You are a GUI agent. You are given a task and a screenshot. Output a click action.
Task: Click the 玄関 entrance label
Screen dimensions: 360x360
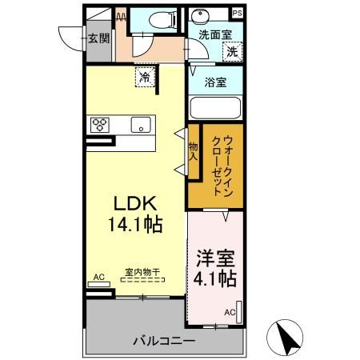[98, 38]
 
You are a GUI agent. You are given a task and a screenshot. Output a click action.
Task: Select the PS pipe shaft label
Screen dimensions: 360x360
[237, 13]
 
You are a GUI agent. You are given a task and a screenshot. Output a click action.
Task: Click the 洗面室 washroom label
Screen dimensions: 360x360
[214, 35]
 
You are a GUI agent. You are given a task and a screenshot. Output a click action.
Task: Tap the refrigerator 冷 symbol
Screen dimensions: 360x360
[145, 78]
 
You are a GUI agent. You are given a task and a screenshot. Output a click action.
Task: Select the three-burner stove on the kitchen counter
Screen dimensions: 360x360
[101, 124]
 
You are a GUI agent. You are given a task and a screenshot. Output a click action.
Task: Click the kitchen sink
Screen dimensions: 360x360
[142, 125]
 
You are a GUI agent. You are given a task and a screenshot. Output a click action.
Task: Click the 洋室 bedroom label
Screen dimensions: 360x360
[215, 260]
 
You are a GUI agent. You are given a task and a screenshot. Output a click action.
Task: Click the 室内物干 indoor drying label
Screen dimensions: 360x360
[142, 272]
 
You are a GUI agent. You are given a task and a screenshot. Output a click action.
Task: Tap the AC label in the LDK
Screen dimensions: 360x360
[98, 277]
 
